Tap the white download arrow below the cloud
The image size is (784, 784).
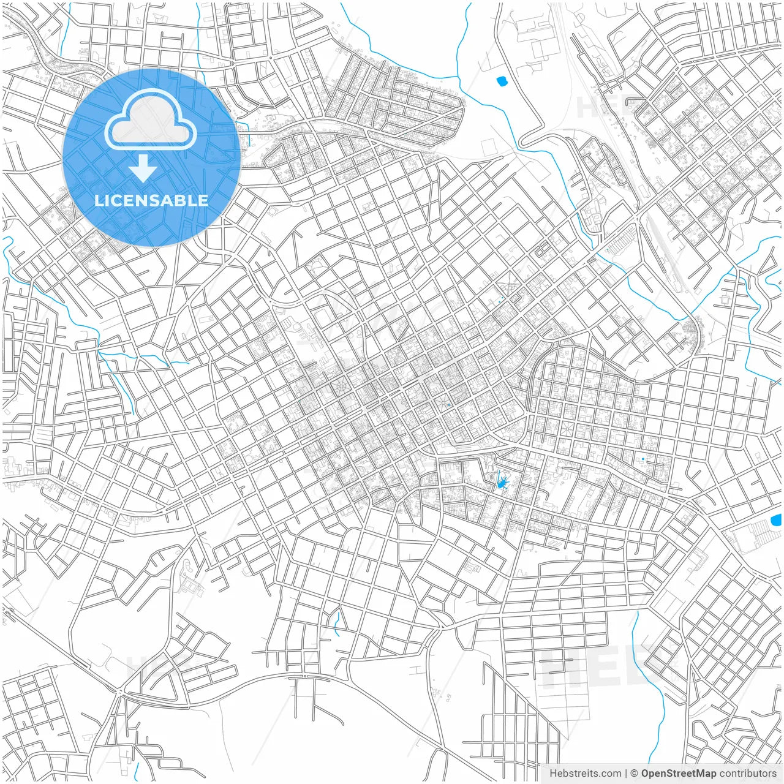[x=143, y=168]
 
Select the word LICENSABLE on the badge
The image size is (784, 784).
[x=151, y=200]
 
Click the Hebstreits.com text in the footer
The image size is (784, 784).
[x=585, y=774]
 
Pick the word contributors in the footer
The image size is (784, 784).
[x=748, y=774]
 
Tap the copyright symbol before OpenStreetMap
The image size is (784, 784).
[x=635, y=774]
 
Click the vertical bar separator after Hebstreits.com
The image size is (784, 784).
[x=626, y=774]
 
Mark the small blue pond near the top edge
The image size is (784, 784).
[x=502, y=80]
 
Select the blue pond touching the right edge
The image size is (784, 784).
[x=776, y=521]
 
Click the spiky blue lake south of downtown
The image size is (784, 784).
[x=502, y=482]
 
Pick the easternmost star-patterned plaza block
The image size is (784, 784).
[x=565, y=429]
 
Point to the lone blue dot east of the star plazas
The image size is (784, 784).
[x=643, y=459]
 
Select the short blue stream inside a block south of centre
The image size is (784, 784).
[x=336, y=622]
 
